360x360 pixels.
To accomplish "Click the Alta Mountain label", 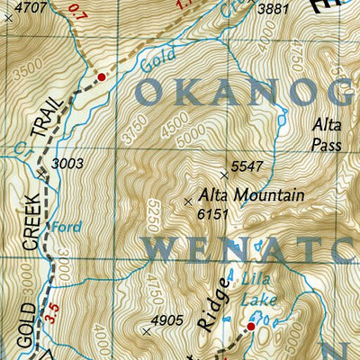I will point(251,195).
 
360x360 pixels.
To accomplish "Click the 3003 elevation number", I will point(68,164).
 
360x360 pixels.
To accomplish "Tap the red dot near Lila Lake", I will point(251,328).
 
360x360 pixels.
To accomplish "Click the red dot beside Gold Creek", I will point(102,77).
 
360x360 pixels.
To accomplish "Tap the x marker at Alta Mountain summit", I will point(187,202).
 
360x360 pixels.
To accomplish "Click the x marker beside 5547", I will point(224,175).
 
